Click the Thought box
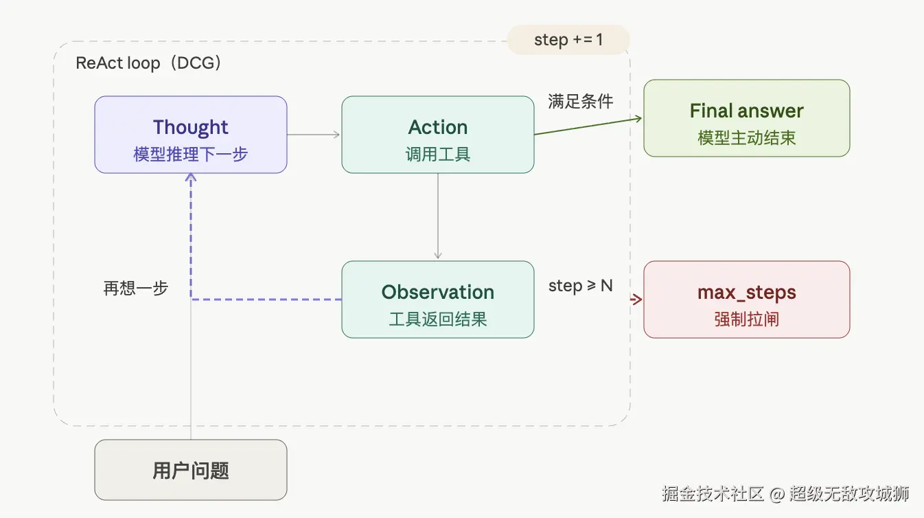190,134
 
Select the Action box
437,134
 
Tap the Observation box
437,299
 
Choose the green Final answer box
746,118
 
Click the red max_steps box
746,299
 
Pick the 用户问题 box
190,470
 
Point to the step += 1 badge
568,40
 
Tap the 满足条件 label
580,102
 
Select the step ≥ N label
580,286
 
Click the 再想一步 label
135,288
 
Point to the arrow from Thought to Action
314,134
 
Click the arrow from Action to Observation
438,216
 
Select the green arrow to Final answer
588,126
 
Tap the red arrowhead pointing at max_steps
637,300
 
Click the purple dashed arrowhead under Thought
191,177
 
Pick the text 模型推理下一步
190,154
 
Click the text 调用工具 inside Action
437,154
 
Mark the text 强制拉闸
746,319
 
